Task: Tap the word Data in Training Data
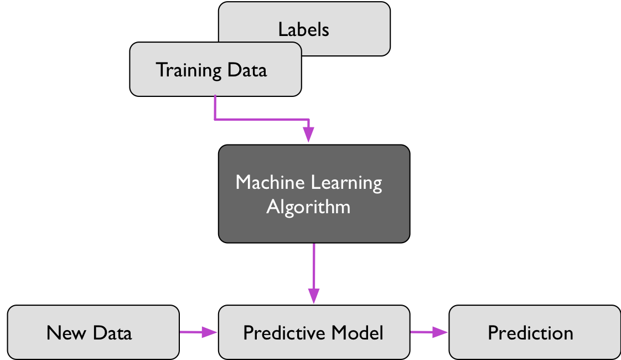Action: pos(246,70)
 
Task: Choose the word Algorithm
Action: pos(308,207)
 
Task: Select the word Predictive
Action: pos(283,332)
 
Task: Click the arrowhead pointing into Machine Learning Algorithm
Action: pos(308,135)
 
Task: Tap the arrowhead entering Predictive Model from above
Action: pos(314,296)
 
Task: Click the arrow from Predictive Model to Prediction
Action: pos(428,332)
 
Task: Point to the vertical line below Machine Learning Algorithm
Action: pos(314,266)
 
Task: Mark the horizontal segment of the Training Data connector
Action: pos(260,119)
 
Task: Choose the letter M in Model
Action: pos(340,332)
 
